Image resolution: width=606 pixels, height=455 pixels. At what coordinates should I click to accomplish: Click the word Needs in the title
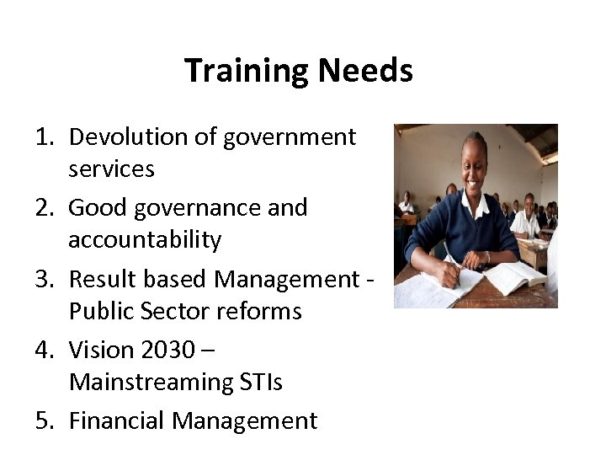[x=366, y=71]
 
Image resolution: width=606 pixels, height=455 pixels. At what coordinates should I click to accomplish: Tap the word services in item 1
[x=111, y=169]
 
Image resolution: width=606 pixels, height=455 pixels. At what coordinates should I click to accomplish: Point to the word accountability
[x=145, y=240]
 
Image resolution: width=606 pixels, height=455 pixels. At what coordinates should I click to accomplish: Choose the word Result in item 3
[x=98, y=278]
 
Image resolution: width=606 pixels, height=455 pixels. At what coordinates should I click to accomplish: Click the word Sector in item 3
[x=175, y=311]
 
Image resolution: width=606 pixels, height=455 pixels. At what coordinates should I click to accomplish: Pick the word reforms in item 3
[x=262, y=311]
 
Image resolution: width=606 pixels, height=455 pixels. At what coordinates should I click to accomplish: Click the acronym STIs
[x=260, y=382]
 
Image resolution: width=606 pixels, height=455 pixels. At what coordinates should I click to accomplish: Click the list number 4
[x=45, y=349]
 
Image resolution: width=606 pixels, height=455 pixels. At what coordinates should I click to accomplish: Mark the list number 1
[x=45, y=136]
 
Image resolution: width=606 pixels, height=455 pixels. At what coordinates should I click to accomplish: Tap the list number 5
[x=45, y=420]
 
